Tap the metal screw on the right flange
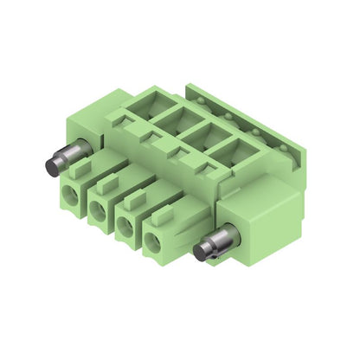point(208,250)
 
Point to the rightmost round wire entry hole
point(154,240)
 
